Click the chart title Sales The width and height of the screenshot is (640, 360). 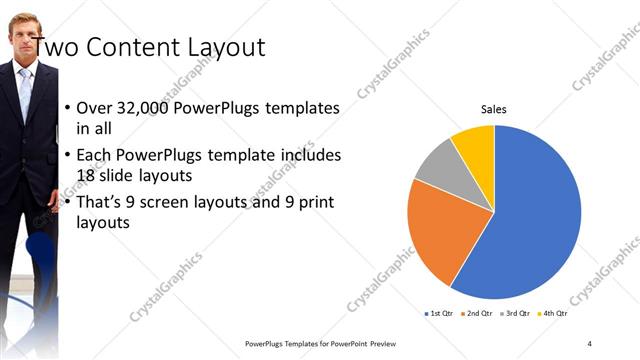point(494,110)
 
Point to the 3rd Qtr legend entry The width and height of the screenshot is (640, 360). point(517,314)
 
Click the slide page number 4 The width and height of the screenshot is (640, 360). point(590,343)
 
